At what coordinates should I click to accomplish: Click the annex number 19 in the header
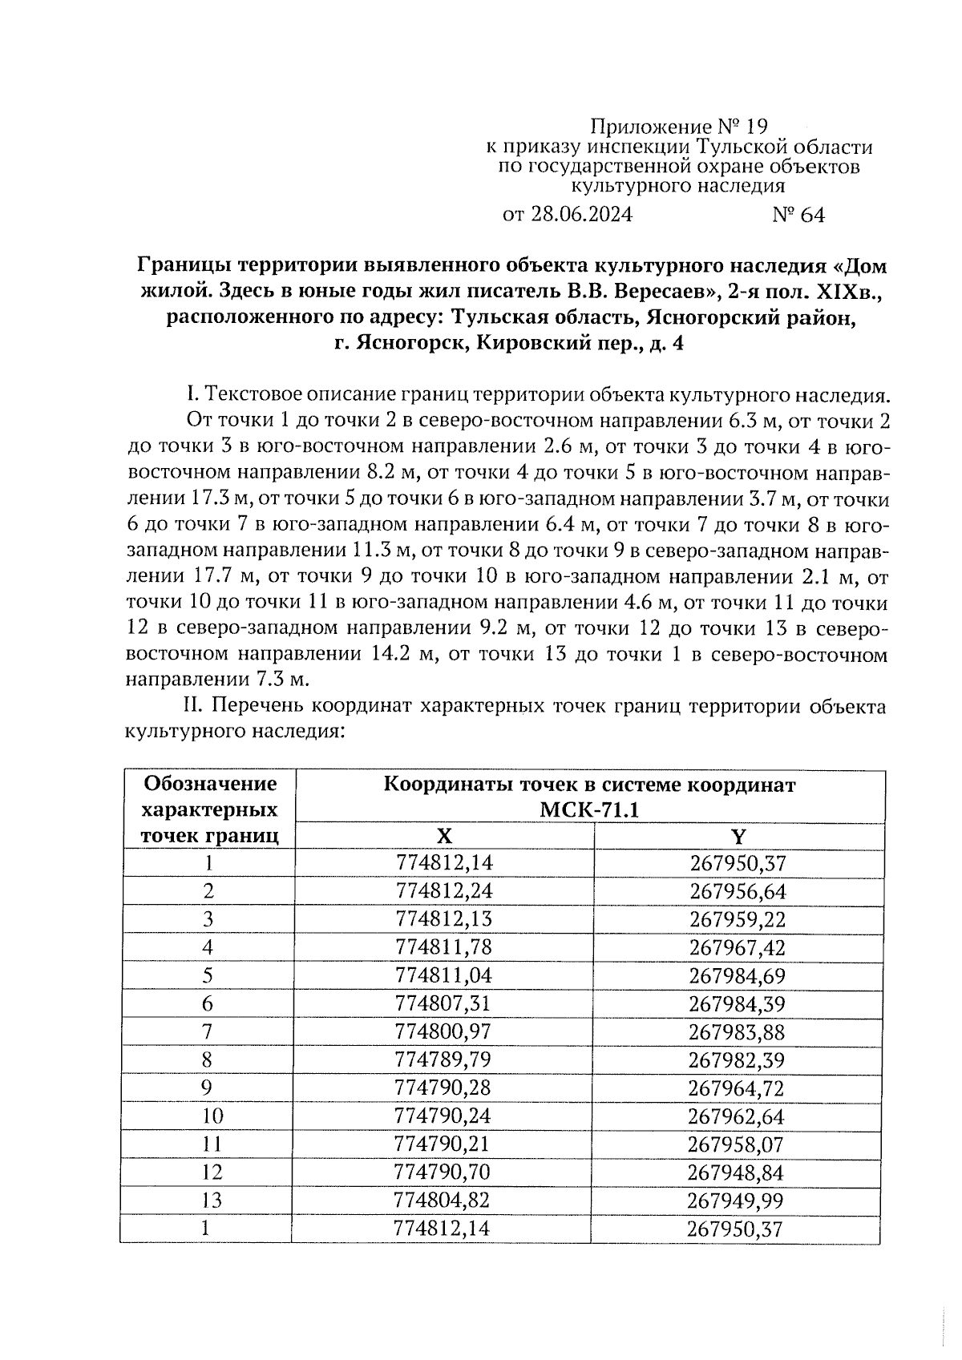tap(756, 127)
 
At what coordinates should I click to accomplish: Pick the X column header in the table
tap(444, 837)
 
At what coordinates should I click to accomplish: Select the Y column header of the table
tap(738, 837)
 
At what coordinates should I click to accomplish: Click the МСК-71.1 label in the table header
tap(589, 809)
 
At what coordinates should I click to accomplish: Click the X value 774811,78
tap(443, 947)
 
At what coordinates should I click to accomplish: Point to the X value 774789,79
tap(443, 1060)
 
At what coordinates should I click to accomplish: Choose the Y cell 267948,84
tap(736, 1172)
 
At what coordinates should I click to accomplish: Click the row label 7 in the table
tap(208, 1032)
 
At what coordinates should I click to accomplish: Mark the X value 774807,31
tap(443, 1003)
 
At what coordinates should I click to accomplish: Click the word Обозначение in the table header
tap(209, 783)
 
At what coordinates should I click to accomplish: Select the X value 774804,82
tap(443, 1201)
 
